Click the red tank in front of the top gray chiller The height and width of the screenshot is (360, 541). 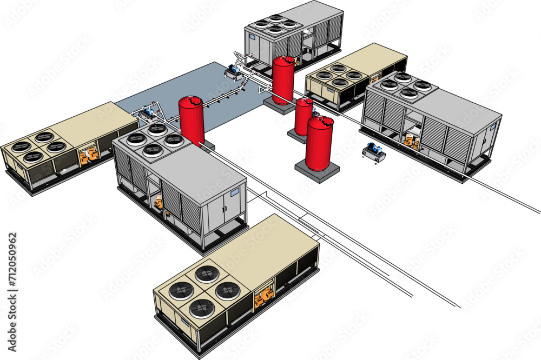283,80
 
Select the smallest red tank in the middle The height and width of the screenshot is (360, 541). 304,117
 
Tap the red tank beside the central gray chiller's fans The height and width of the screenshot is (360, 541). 192,121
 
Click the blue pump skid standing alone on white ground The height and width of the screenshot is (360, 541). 374,152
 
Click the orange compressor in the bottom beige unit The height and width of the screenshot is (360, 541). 264,297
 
